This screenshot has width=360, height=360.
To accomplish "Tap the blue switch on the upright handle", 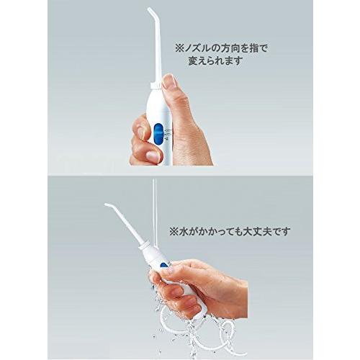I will pyautogui.click(x=158, y=132).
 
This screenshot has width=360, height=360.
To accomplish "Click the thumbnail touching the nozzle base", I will pyautogui.click(x=169, y=81).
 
